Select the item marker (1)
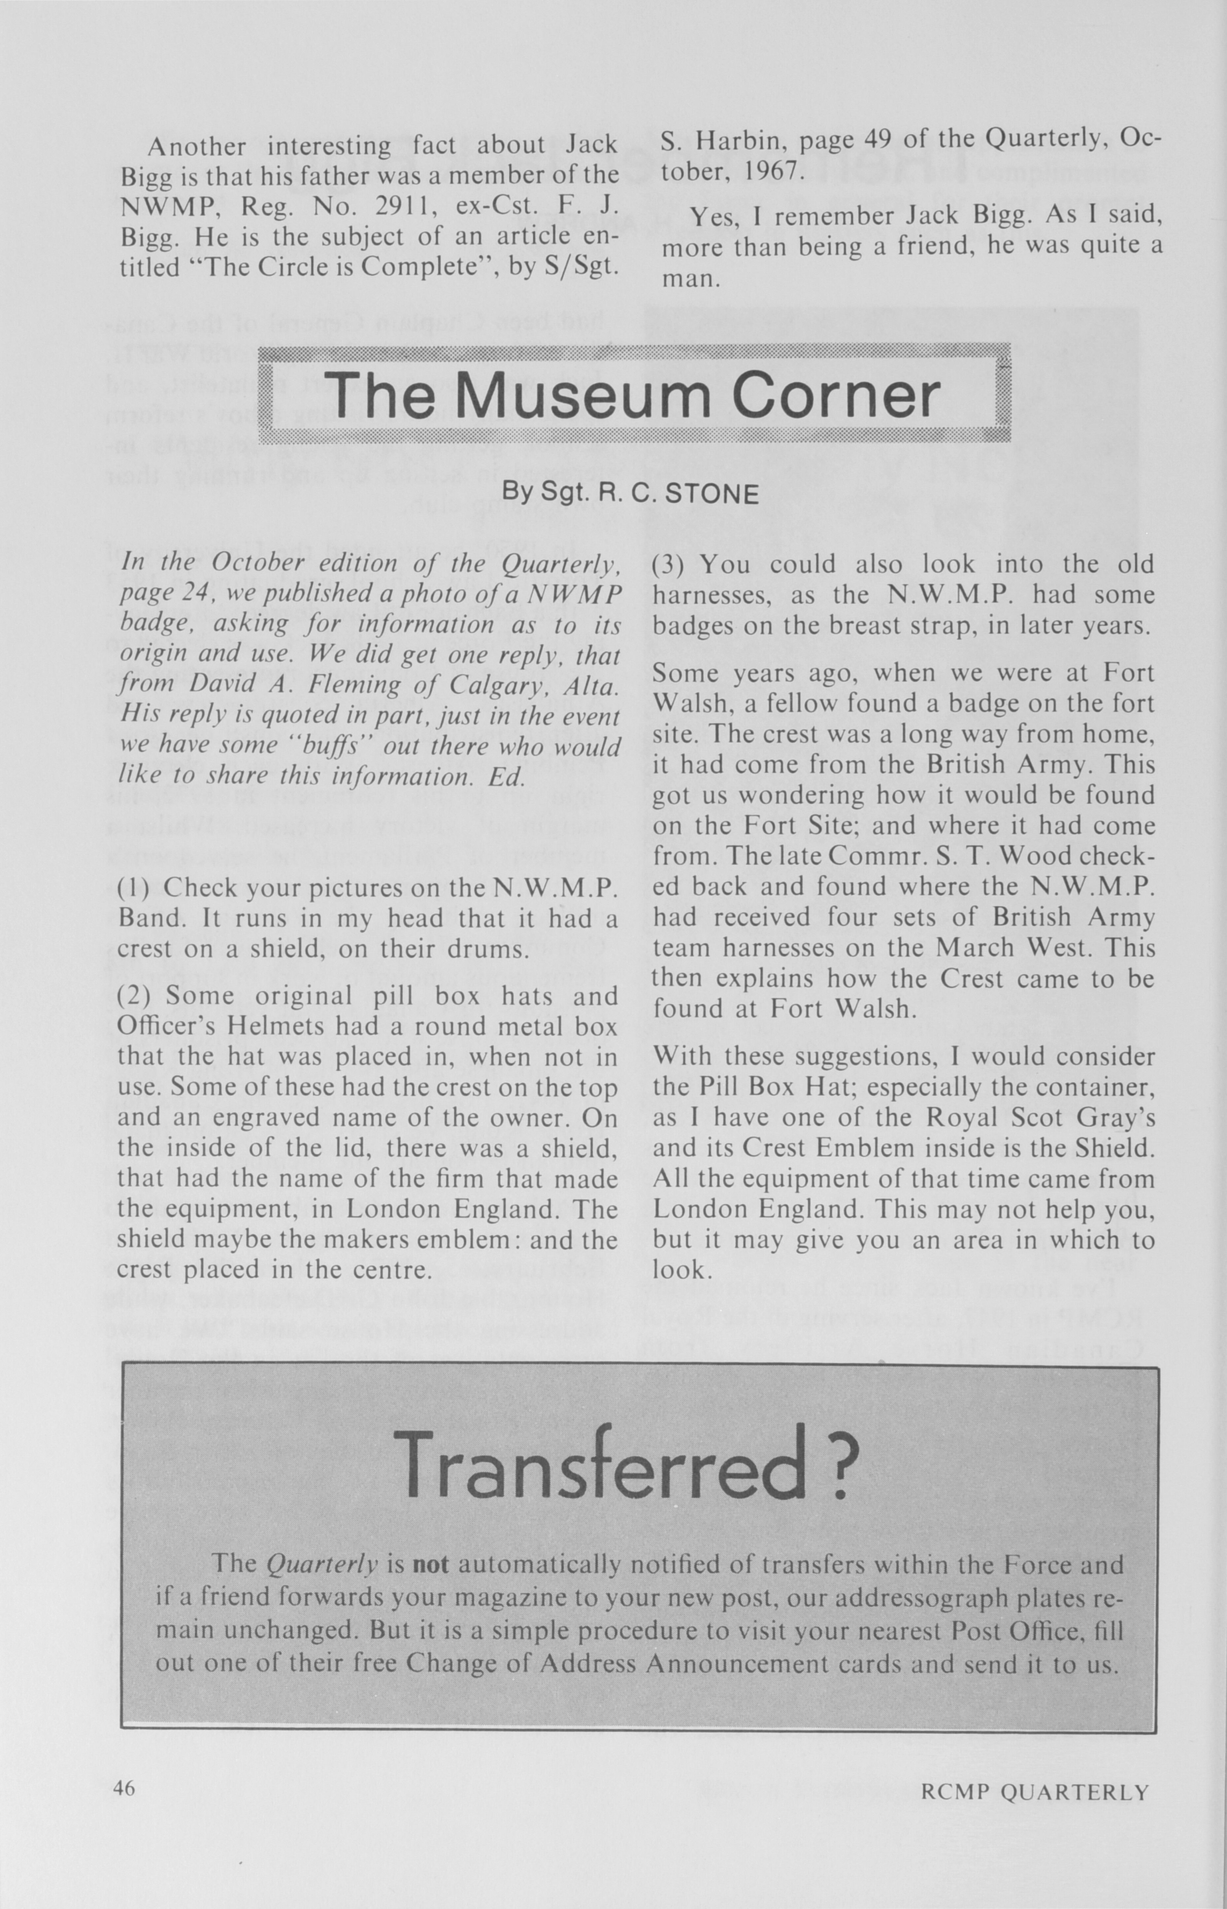135,888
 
